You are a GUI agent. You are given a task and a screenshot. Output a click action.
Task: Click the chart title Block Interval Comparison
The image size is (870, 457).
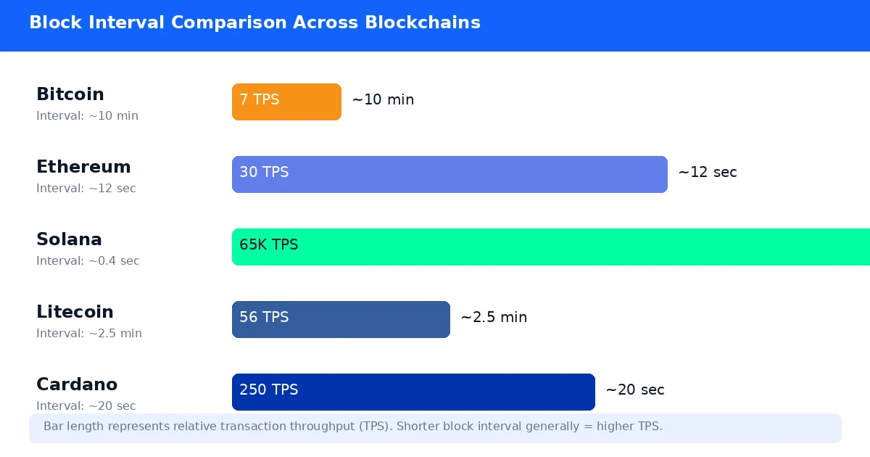pos(254,22)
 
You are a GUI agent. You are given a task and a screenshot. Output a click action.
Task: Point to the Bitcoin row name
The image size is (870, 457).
pos(70,94)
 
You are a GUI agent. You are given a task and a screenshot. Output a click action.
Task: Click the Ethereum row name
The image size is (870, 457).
pos(83,167)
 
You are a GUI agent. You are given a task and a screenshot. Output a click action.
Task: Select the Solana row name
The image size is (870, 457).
pos(69,239)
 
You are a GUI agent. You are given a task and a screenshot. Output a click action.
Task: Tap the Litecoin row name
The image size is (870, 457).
pos(75,312)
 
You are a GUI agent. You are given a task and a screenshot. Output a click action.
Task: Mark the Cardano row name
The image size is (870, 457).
pos(77,384)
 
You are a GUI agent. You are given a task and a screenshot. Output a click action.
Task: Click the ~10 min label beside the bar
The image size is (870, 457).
pos(383,100)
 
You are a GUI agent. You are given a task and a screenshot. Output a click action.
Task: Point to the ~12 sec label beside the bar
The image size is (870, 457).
pos(707,173)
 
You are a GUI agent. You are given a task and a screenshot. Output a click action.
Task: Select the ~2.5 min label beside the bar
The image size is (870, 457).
pos(494,318)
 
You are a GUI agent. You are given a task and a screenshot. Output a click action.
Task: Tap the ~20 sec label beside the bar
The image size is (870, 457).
pos(634,390)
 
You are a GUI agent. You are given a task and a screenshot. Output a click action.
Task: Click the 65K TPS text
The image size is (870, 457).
pos(268,245)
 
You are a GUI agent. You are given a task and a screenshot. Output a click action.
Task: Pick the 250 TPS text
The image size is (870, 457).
pos(268,390)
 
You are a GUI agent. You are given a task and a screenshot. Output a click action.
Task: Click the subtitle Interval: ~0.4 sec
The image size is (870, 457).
pos(88,261)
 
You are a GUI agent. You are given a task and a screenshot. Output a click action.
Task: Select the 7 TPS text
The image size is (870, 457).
pos(259,100)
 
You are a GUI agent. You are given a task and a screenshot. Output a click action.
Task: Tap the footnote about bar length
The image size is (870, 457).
pos(352,427)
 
